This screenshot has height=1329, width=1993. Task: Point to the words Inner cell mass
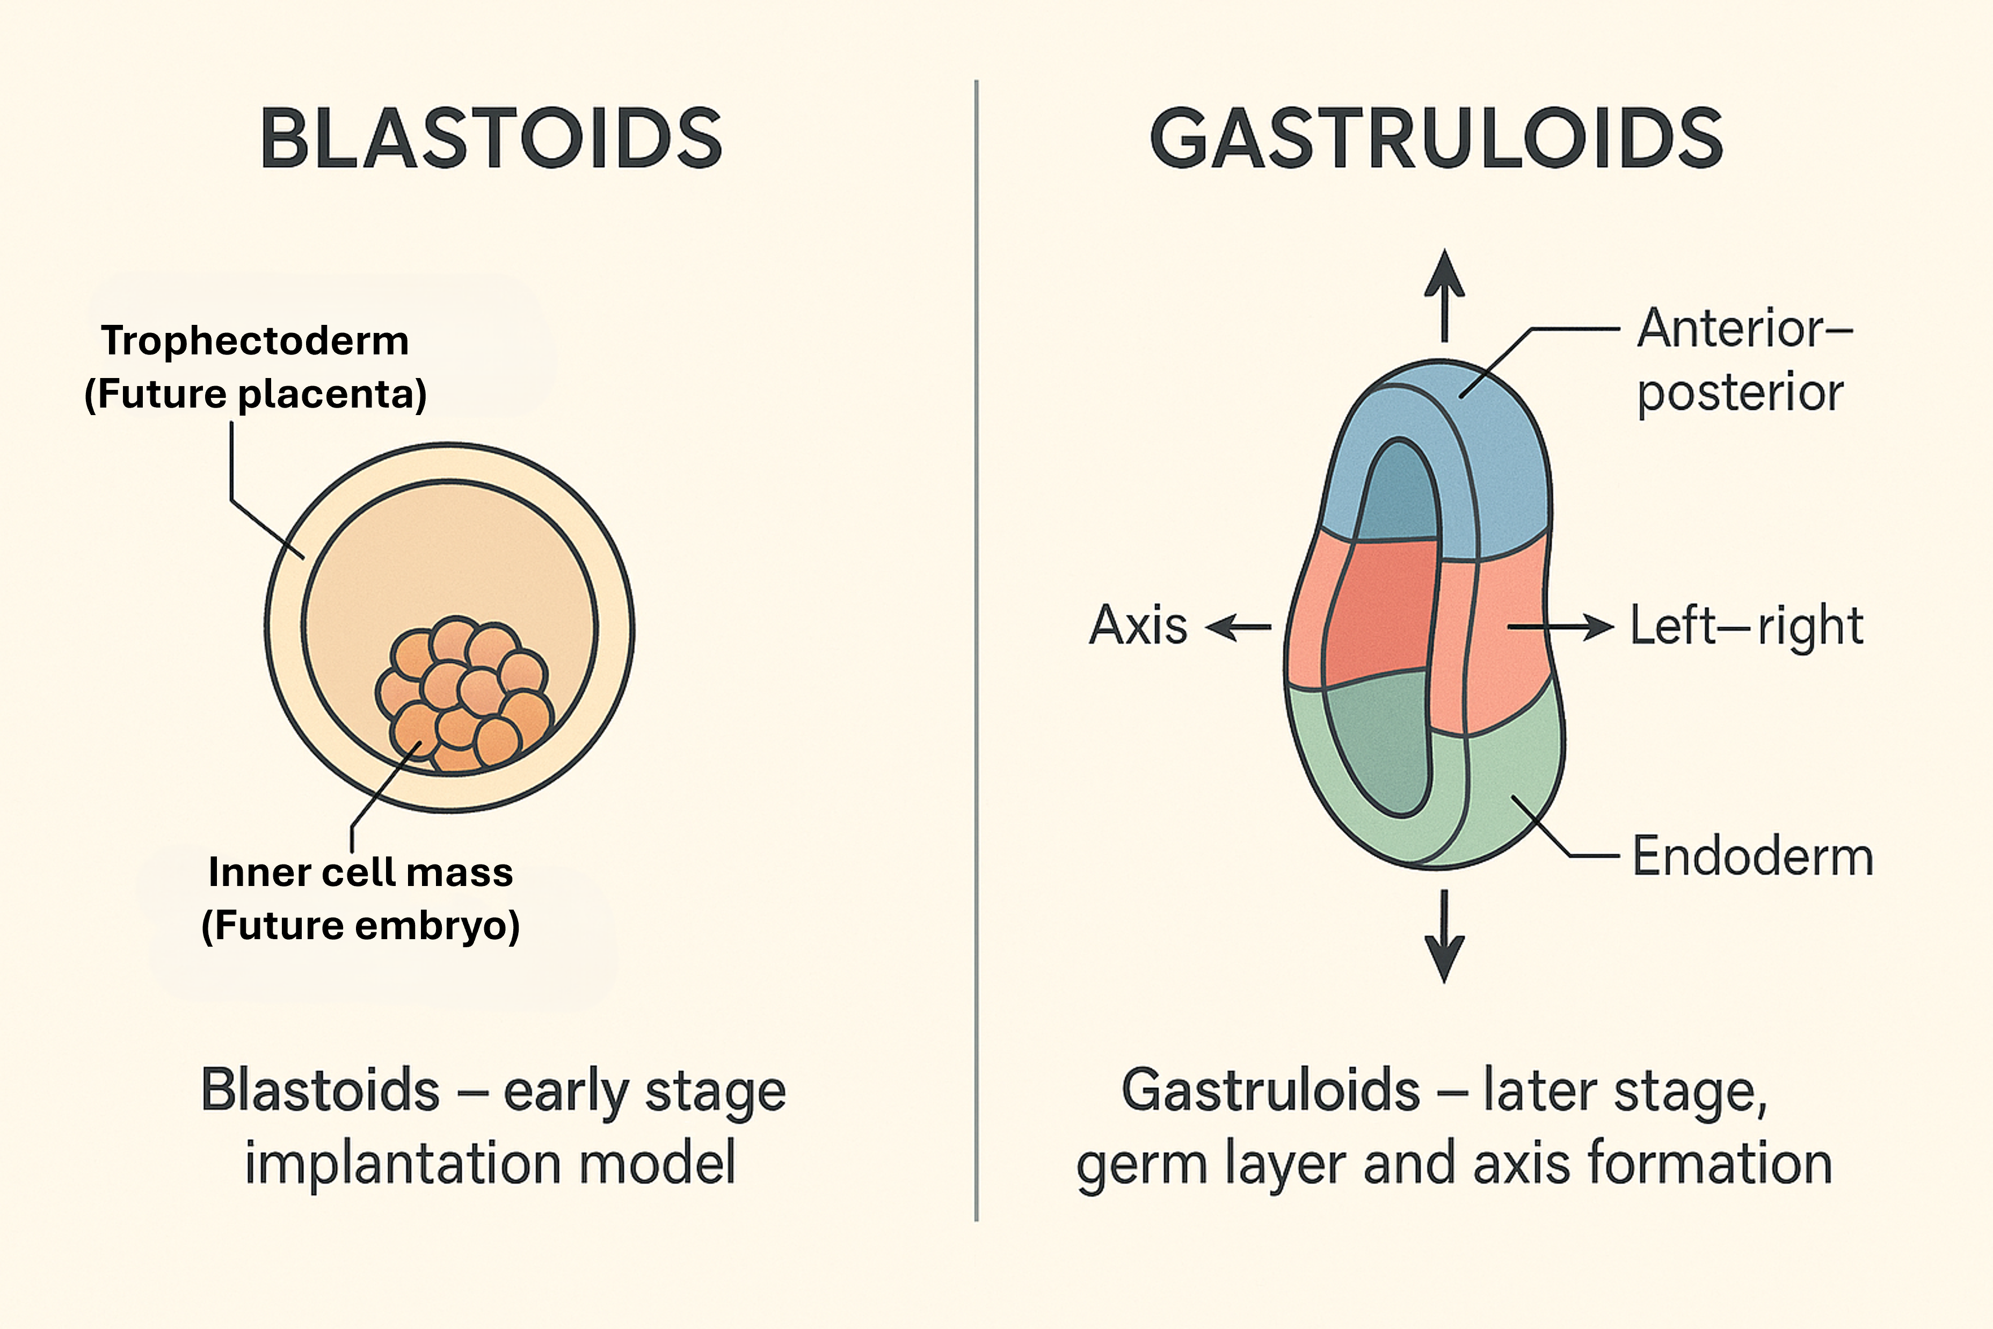360,872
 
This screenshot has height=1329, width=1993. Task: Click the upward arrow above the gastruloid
1445,293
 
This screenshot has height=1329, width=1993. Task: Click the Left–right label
1747,627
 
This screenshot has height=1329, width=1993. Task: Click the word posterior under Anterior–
1740,393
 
